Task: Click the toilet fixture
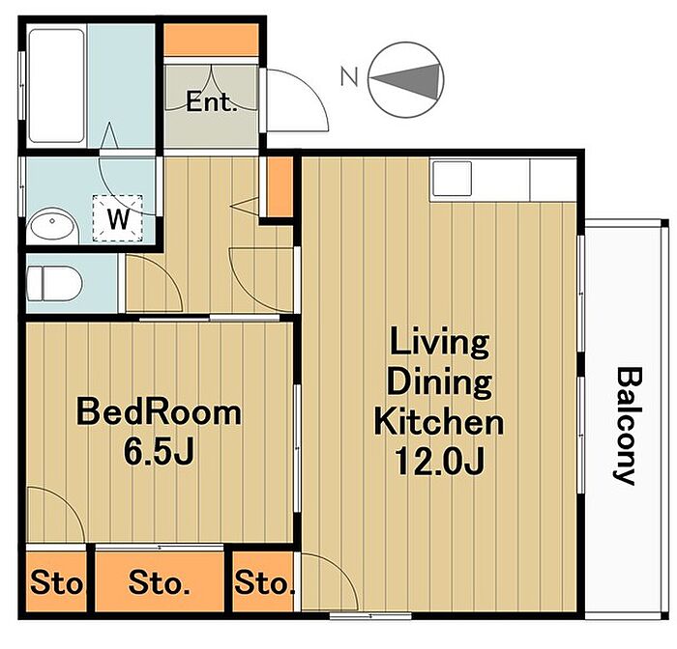[53, 284]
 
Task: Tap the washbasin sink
[51, 224]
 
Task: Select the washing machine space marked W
[118, 218]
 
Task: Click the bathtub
[56, 85]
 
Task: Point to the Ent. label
[212, 102]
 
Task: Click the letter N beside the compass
[349, 76]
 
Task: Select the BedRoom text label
[159, 412]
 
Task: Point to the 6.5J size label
[159, 452]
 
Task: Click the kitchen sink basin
[452, 179]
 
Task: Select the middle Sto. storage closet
[160, 581]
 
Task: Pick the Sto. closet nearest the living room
[263, 581]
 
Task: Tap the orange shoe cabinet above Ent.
[212, 40]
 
